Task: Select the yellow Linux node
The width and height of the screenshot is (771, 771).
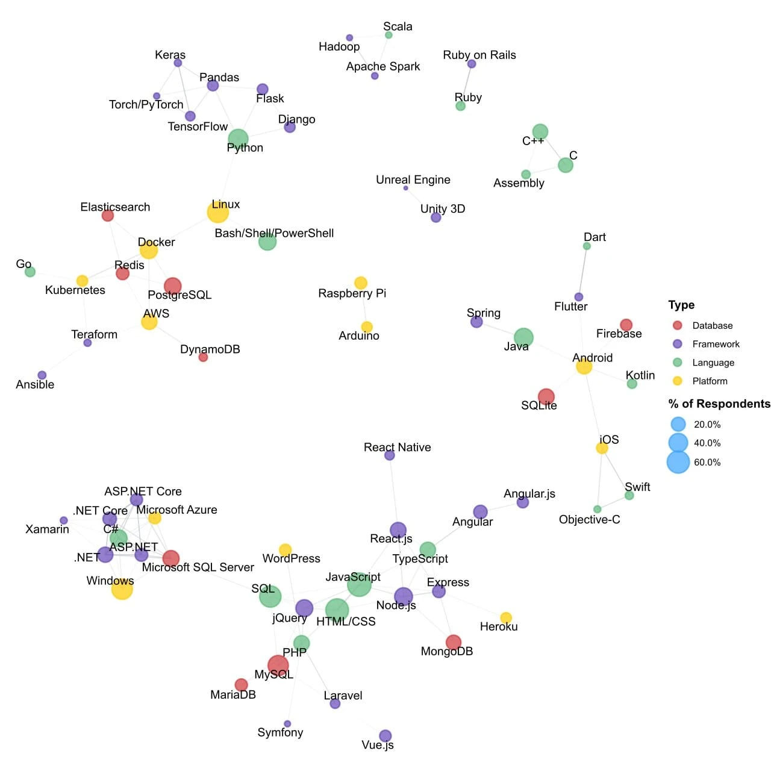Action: [x=217, y=212]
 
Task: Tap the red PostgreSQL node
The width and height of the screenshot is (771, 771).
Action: [x=172, y=286]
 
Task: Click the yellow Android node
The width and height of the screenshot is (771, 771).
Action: [x=584, y=366]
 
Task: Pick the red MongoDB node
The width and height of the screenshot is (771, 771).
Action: [x=454, y=643]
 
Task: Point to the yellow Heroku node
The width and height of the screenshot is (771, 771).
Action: [x=506, y=617]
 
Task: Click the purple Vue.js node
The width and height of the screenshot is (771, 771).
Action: [x=385, y=735]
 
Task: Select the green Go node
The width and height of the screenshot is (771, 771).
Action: [x=30, y=272]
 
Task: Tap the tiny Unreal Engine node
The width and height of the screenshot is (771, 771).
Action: [x=405, y=188]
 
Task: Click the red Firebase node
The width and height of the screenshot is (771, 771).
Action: [x=626, y=325]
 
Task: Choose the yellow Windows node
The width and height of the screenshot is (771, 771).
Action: [x=122, y=589]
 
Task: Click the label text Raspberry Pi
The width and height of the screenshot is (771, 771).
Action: [x=352, y=293]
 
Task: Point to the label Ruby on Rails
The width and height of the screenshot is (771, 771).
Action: [x=479, y=55]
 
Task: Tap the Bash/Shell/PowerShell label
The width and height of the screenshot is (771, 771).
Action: [x=274, y=233]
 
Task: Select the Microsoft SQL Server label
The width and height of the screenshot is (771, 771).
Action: [x=198, y=567]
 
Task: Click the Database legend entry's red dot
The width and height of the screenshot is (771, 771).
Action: [x=677, y=325]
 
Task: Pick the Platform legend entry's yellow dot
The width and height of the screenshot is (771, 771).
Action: [x=677, y=381]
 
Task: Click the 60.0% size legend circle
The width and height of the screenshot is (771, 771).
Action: [x=678, y=462]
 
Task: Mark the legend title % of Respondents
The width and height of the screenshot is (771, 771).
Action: [x=719, y=404]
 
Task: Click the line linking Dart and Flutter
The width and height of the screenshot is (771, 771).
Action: [x=582, y=272]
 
